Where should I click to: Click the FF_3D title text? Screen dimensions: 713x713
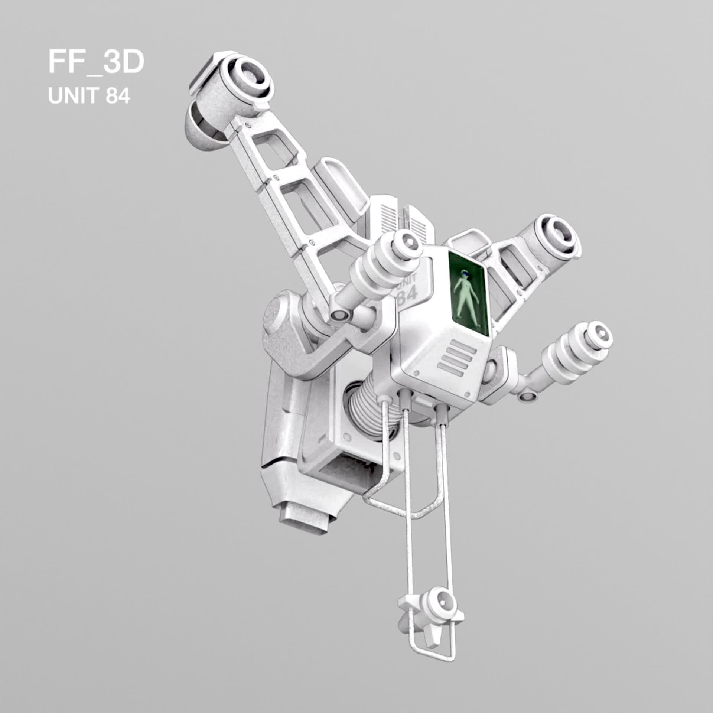pyautogui.click(x=96, y=63)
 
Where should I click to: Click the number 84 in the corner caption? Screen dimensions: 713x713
pyautogui.click(x=118, y=97)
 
